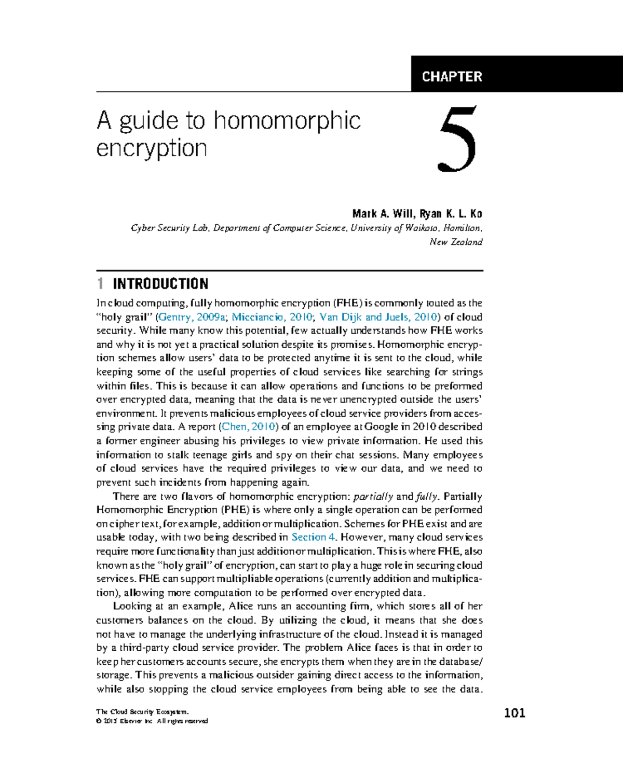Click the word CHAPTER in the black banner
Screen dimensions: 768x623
point(452,77)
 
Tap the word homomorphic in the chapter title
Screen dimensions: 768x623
point(287,120)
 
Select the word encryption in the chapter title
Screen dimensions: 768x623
point(152,148)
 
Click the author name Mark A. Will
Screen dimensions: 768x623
point(383,214)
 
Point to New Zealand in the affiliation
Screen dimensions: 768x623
point(456,242)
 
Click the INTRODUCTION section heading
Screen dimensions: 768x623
point(160,284)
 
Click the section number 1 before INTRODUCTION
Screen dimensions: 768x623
point(100,284)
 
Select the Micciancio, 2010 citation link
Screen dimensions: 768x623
point(272,317)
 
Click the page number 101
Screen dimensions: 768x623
point(514,713)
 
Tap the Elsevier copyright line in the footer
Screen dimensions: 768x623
point(152,721)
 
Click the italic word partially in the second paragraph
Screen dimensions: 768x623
point(373,497)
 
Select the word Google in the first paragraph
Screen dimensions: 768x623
point(382,427)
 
